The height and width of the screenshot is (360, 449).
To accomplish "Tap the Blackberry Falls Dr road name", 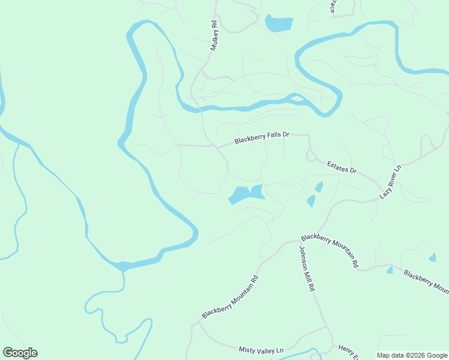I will pyautogui.click(x=262, y=138).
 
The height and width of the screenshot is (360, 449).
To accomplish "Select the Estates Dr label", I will pyautogui.click(x=342, y=167).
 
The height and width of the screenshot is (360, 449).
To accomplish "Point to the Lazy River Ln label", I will pyautogui.click(x=390, y=183).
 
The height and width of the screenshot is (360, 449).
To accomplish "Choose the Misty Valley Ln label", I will pyautogui.click(x=261, y=349).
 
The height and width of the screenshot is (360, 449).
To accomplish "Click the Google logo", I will pyautogui.click(x=20, y=353).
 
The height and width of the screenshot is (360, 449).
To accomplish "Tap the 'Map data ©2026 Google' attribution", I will pyautogui.click(x=412, y=355).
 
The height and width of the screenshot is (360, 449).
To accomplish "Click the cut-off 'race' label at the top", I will pyautogui.click(x=332, y=7).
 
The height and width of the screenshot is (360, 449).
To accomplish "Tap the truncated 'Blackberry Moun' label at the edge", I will pyautogui.click(x=426, y=282).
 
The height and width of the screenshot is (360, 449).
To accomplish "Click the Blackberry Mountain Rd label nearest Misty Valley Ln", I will pyautogui.click(x=230, y=296).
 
